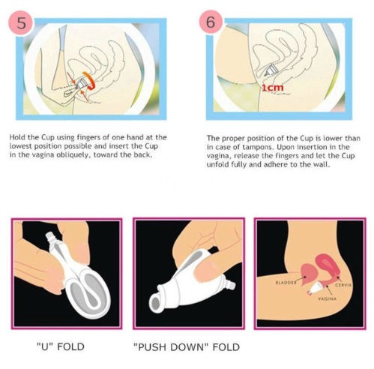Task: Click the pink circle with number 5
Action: [x=21, y=22]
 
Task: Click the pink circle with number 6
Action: [x=211, y=22]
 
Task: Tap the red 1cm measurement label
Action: [x=273, y=88]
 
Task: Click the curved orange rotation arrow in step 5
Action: [x=91, y=80]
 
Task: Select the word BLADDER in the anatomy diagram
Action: [x=286, y=283]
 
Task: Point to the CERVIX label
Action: [x=343, y=285]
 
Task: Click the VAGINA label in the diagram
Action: [x=328, y=298]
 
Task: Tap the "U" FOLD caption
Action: [x=61, y=346]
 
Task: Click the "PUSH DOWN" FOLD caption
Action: [x=187, y=347]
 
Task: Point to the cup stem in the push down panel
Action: [x=229, y=285]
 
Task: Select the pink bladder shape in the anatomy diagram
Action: [x=309, y=274]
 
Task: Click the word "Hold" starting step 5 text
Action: [x=16, y=137]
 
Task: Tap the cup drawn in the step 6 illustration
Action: [x=270, y=70]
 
